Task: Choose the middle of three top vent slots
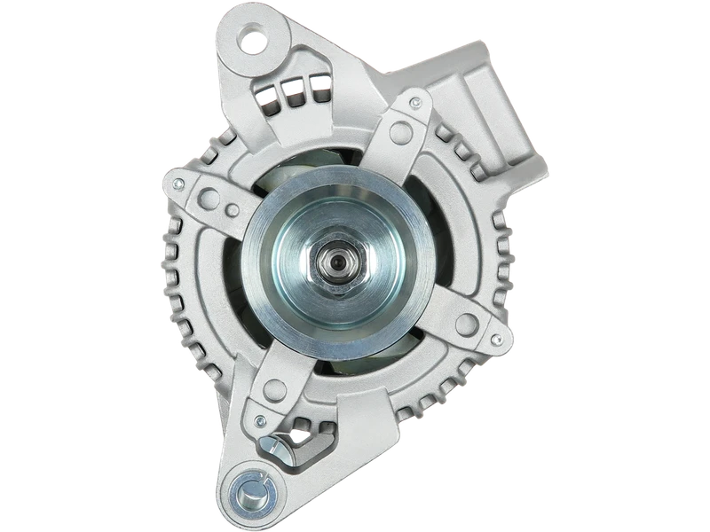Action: click(x=289, y=88)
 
